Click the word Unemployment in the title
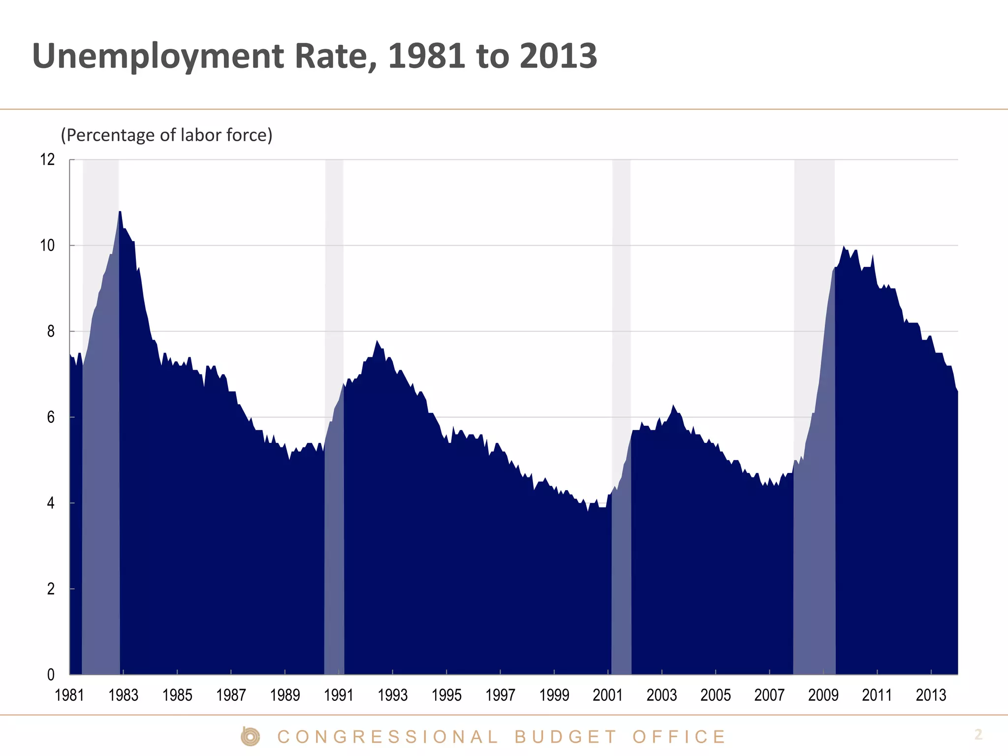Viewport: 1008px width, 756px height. click(x=158, y=57)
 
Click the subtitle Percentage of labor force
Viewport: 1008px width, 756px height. click(x=166, y=135)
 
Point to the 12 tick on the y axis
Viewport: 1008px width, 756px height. click(x=48, y=159)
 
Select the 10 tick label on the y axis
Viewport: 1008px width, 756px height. click(x=48, y=245)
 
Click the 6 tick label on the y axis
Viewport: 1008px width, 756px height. click(x=51, y=417)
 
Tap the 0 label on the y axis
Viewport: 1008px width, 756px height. click(x=51, y=675)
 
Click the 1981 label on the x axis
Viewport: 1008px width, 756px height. click(x=69, y=695)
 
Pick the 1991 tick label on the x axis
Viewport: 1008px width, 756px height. click(x=339, y=695)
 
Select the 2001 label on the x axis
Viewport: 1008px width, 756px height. click(x=608, y=695)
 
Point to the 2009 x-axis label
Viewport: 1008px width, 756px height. click(x=823, y=695)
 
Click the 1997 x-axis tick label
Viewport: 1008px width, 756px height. click(x=500, y=695)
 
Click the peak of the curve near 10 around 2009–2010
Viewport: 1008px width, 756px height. click(x=844, y=247)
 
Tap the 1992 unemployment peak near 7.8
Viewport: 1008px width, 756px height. click(x=377, y=341)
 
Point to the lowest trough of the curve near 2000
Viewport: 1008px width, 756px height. click(x=588, y=510)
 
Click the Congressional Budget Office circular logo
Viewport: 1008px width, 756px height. click(x=250, y=737)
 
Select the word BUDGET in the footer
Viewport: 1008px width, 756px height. click(x=566, y=737)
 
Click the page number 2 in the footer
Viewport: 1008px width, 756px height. click(x=978, y=734)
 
